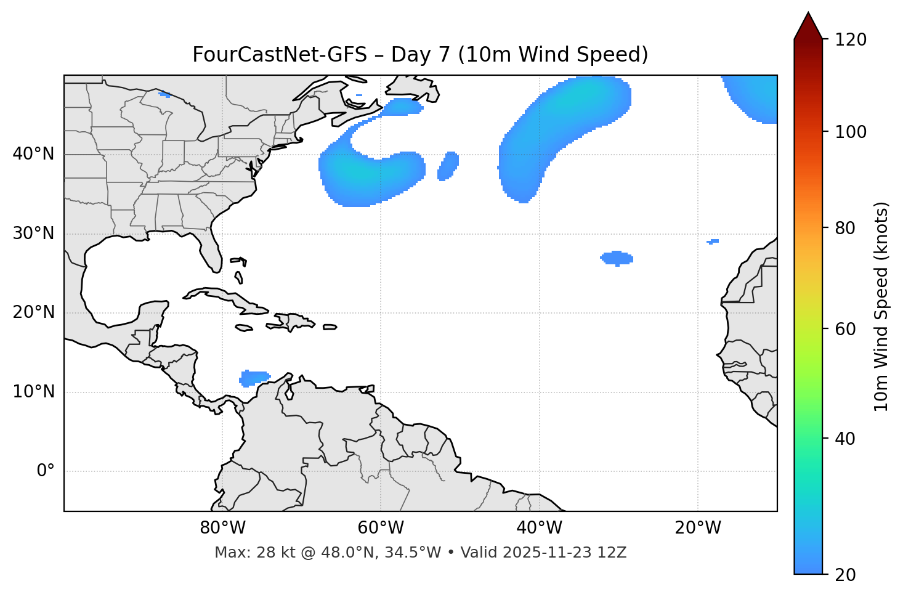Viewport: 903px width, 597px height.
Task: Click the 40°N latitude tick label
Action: click(33, 154)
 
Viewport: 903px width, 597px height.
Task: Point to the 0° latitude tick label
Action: click(46, 471)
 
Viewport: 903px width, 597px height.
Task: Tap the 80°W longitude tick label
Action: click(222, 528)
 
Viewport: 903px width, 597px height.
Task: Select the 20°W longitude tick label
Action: click(698, 528)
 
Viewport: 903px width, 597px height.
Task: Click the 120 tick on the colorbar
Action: click(851, 40)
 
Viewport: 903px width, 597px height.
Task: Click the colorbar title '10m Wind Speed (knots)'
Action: click(881, 306)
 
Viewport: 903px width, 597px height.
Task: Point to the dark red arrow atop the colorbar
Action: click(808, 26)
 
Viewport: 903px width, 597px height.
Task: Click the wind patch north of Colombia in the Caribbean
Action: click(254, 378)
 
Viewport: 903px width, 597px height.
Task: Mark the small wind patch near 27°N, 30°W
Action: click(617, 258)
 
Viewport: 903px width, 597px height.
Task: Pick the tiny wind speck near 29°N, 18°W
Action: click(713, 241)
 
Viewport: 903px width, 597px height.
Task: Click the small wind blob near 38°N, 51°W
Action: click(448, 166)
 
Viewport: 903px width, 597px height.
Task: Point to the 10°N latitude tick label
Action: click(33, 392)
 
